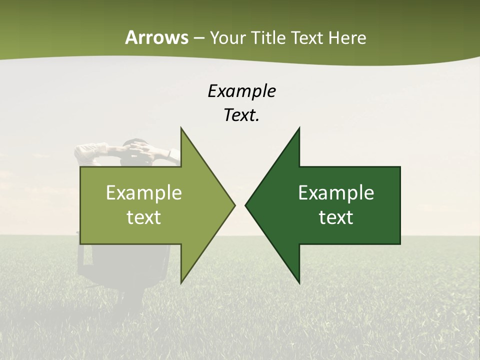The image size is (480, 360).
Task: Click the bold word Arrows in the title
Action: tap(156, 37)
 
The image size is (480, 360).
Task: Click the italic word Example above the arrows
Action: tap(241, 91)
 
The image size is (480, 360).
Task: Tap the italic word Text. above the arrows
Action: tap(241, 115)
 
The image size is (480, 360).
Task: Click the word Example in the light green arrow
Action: tap(144, 193)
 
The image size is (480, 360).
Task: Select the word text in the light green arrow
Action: tap(144, 217)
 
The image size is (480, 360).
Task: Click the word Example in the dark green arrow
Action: tap(336, 193)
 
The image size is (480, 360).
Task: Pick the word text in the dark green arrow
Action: tap(336, 217)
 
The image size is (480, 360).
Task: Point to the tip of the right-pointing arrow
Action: tap(235, 205)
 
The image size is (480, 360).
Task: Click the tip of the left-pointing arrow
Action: tap(245, 205)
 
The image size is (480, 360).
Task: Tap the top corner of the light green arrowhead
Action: tap(181, 128)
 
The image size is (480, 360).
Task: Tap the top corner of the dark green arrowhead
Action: tap(299, 128)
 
